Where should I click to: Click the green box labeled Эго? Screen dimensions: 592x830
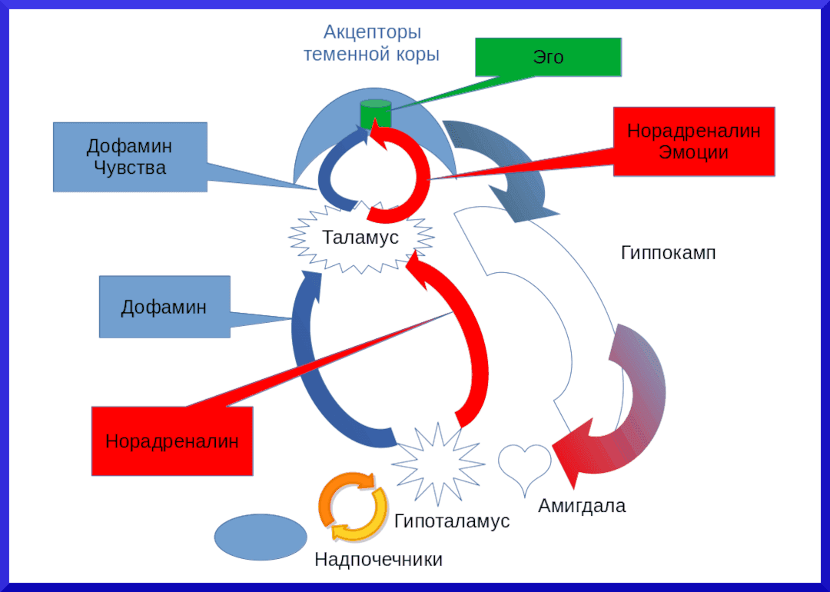548,57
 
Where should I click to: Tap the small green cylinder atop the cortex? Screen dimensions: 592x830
377,114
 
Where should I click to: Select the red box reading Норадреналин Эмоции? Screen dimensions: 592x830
694,141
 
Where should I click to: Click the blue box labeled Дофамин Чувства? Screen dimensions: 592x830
130,157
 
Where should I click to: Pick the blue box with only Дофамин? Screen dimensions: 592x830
164,307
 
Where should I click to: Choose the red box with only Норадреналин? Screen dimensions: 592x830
172,441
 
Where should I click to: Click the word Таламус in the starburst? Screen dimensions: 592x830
360,237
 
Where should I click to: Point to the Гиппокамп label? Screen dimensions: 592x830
669,253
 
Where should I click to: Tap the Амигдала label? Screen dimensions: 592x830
582,506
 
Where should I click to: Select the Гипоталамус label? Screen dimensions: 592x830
452,520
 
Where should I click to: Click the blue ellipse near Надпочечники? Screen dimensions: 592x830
260,537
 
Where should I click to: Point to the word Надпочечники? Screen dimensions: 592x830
378,559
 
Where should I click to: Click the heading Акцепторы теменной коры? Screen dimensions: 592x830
372,44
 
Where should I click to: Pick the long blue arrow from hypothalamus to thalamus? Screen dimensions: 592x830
310,369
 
